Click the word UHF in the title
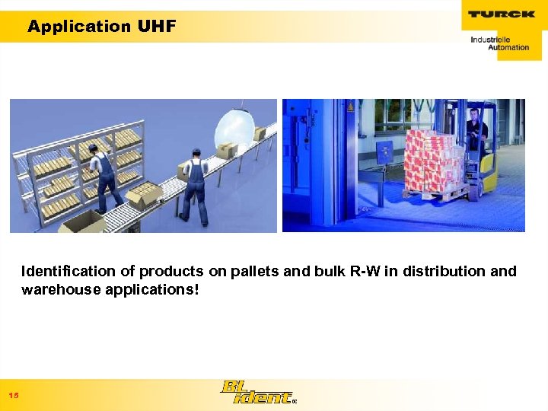point(157,27)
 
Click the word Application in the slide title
point(79,27)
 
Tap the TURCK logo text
point(501,14)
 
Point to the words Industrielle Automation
point(499,43)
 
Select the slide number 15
point(14,395)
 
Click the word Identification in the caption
point(68,271)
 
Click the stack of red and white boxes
point(432,161)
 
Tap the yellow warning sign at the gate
point(351,108)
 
